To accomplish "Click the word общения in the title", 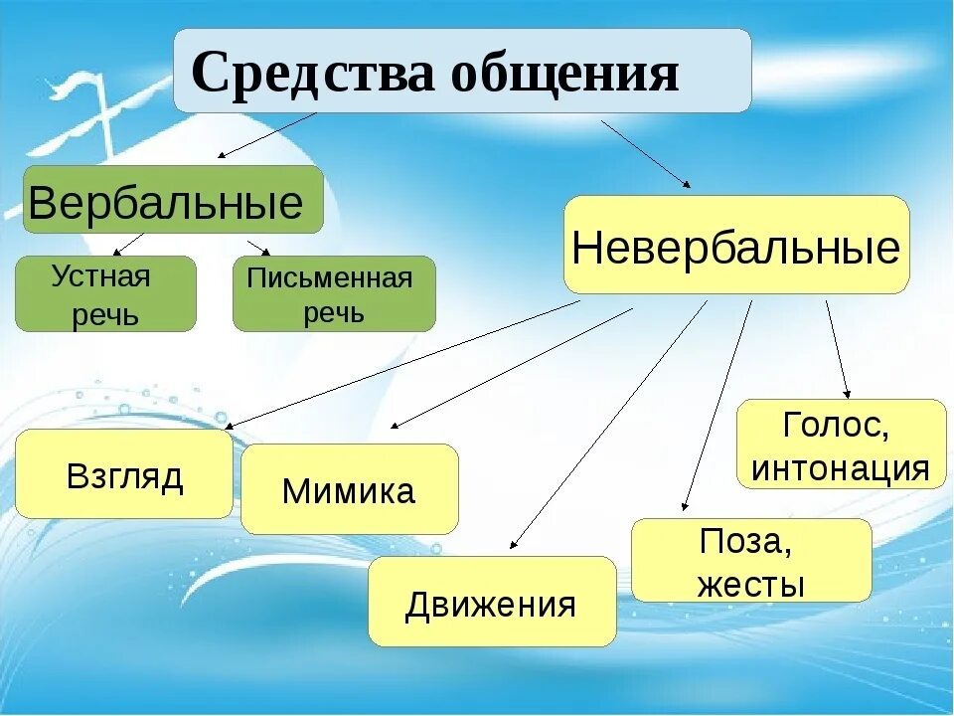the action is point(564,73).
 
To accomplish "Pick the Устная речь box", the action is point(105,294).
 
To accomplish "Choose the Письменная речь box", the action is point(334,294).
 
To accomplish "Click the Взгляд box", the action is point(124,474).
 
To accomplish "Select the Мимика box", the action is point(350,489).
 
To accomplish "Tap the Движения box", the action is point(492,602).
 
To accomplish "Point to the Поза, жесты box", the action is point(751,561).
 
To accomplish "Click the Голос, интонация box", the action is point(841,445).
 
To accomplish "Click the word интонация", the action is point(841,467).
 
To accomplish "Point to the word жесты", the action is point(751,584).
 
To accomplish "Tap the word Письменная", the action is point(329,277).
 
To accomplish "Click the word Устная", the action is point(100,275).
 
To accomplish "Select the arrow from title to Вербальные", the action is point(266,135).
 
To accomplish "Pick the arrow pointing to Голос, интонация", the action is point(838,348).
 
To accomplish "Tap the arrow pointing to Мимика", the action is point(512,367).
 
